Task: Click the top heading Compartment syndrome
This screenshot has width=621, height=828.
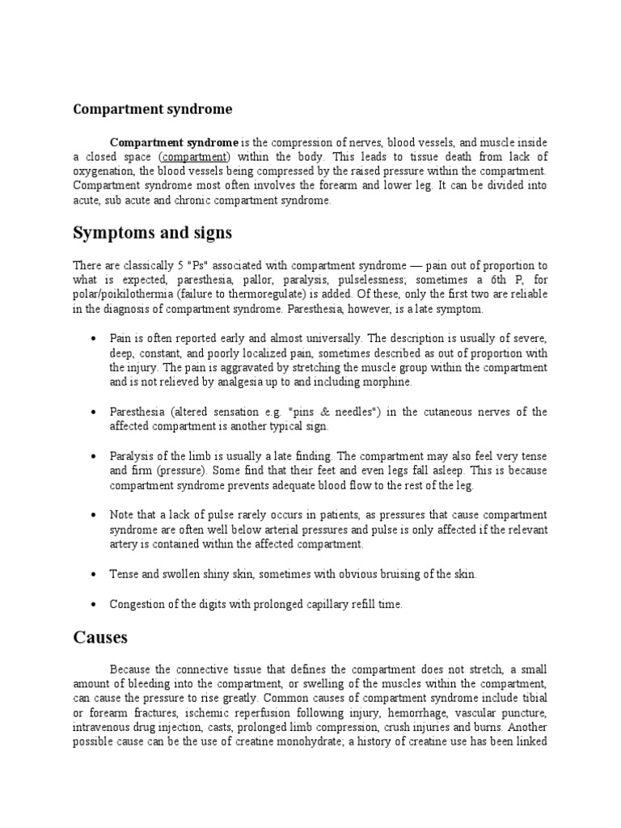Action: coord(152,108)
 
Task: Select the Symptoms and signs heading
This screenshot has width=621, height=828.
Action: coord(152,234)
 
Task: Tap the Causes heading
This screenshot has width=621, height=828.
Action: coord(100,637)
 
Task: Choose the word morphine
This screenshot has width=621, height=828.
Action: coord(390,382)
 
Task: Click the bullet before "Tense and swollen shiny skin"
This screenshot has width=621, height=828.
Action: coord(95,574)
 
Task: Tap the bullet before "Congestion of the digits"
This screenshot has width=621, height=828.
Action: coord(95,604)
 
